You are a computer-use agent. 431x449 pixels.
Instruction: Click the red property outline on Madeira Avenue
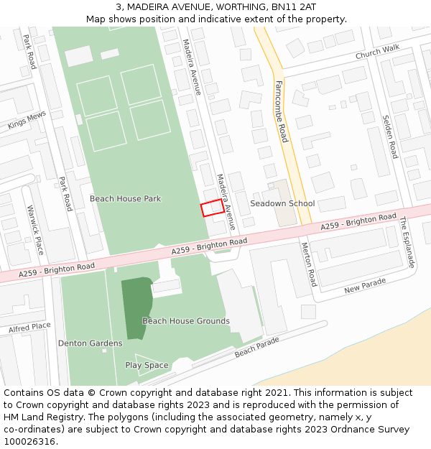pos(212,207)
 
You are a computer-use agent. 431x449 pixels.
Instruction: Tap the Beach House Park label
pos(125,198)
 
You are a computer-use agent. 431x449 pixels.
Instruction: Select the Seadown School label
pos(282,203)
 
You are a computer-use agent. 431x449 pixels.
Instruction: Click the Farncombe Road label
pos(282,111)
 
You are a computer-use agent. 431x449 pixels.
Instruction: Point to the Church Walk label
pos(377,53)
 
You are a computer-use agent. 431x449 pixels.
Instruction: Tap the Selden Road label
pos(389,136)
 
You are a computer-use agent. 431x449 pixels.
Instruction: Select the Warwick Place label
pos(35,230)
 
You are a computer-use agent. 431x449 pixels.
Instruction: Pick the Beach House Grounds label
pos(186,321)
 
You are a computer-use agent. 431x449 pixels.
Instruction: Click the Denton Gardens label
pos(90,343)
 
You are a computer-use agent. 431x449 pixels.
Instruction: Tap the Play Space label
pos(147,365)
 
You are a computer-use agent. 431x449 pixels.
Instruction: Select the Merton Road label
pos(309,264)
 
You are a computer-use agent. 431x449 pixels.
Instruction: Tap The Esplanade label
pos(407,242)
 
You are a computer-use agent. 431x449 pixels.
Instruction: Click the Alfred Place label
pos(29,327)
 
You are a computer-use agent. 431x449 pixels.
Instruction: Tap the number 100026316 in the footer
pos(29,442)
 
